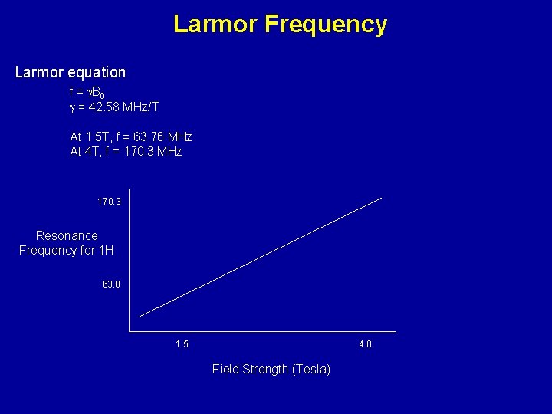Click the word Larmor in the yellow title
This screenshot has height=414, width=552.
pyautogui.click(x=215, y=25)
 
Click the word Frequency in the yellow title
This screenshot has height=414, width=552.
pyautogui.click(x=326, y=25)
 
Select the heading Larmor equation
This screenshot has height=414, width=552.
pyautogui.click(x=71, y=72)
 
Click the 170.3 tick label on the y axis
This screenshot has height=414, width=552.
pyautogui.click(x=109, y=202)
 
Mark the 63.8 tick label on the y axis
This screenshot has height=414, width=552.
pyautogui.click(x=111, y=284)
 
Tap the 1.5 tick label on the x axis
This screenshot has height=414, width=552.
pyautogui.click(x=182, y=344)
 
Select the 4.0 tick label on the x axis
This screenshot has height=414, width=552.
pyautogui.click(x=365, y=344)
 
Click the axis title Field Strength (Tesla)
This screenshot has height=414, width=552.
pyautogui.click(x=271, y=370)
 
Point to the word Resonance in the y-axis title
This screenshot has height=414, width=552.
pyautogui.click(x=67, y=236)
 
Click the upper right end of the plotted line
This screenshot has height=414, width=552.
pyautogui.click(x=381, y=198)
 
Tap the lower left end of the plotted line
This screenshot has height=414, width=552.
pyautogui.click(x=139, y=317)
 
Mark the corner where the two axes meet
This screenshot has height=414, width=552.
pyautogui.click(x=130, y=331)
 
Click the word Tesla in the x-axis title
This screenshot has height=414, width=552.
pyautogui.click(x=310, y=370)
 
